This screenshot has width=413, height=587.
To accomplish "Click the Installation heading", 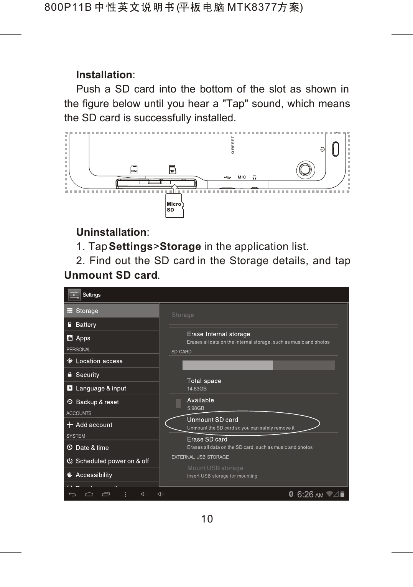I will point(105,74).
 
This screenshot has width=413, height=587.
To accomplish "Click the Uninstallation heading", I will point(112,232).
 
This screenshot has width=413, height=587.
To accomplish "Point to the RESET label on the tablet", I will point(233,145).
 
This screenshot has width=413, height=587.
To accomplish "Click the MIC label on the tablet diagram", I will point(242,177).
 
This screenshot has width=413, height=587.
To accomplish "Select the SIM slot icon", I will point(134,170).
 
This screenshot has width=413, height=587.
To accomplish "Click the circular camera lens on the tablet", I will point(306,169).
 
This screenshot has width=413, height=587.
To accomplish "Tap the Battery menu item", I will point(86,324).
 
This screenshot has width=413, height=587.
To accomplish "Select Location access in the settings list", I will point(99,361).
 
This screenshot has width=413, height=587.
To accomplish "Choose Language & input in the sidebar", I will point(101,388).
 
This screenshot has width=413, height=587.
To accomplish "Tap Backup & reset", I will point(97,402).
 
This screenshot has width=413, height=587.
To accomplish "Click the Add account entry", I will point(94,425).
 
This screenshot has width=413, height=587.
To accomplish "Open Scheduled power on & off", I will point(112,461).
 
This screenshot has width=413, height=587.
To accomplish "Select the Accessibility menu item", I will point(94,475).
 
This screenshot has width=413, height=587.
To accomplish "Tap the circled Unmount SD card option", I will point(213,420).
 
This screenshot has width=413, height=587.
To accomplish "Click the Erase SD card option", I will point(207,439).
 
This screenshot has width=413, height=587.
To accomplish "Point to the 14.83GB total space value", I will point(197,389).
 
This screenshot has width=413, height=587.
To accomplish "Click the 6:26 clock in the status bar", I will point(305,494).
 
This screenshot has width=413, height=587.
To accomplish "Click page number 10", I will point(207,519).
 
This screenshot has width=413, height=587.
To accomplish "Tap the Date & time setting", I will point(92,448).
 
